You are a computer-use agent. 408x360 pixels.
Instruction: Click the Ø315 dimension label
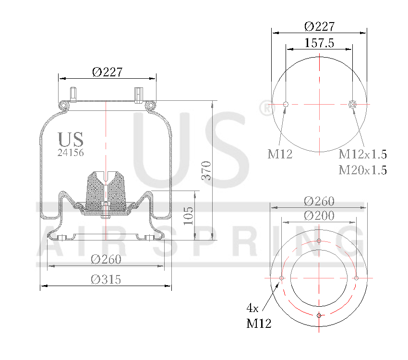point(106,279)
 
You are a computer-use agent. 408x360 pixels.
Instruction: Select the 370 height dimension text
point(206,170)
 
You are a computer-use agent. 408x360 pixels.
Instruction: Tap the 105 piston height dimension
point(189,216)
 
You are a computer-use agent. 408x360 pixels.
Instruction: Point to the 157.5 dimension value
point(319,43)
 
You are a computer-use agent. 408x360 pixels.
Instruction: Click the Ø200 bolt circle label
point(319,216)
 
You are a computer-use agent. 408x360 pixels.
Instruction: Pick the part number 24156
point(71,153)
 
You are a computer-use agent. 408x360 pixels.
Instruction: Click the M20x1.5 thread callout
point(362,170)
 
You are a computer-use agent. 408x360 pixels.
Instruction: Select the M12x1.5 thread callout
point(362,154)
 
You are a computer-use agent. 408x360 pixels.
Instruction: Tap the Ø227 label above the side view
point(107,72)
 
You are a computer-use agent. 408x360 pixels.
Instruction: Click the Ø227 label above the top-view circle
point(319,26)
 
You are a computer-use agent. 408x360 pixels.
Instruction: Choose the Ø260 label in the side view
point(106,259)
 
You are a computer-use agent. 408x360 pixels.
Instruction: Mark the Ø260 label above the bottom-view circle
point(319,201)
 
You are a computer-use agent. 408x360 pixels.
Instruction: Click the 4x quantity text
point(253,307)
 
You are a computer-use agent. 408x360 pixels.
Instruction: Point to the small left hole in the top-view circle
point(286,105)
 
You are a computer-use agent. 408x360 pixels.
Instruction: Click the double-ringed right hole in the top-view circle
point(353,105)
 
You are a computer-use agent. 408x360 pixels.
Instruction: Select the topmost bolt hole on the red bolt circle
point(319,241)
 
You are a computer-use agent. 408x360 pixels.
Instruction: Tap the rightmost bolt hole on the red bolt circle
point(357,278)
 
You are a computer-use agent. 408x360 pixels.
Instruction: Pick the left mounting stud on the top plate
point(73,94)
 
